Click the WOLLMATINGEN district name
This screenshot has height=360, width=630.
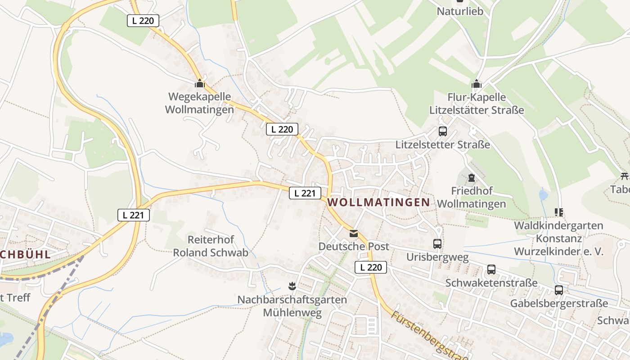point(378,202)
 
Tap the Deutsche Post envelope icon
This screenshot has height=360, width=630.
point(354,234)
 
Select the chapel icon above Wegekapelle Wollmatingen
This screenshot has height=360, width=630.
point(199,84)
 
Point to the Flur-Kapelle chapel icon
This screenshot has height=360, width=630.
point(476,84)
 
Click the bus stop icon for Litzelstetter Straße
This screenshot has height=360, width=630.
point(442,131)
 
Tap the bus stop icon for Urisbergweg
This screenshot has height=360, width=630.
point(437,244)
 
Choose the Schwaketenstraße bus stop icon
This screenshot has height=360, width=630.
point(491,270)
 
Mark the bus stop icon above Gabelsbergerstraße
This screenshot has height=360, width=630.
point(558,290)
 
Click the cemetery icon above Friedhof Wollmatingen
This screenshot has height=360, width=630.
point(471,178)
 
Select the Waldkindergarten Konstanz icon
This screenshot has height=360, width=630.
point(558,212)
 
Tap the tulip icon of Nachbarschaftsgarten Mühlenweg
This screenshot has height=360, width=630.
point(292,286)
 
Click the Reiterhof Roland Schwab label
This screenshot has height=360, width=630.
point(211,246)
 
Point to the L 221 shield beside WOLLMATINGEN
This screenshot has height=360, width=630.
point(305,193)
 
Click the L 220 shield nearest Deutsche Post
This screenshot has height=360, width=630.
point(371,267)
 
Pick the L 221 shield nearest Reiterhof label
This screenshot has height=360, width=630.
point(133,215)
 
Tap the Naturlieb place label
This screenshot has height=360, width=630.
point(460,11)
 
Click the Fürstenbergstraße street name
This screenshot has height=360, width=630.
point(427,335)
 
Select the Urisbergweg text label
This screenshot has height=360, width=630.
point(437,257)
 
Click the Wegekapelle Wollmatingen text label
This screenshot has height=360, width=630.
point(199,103)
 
